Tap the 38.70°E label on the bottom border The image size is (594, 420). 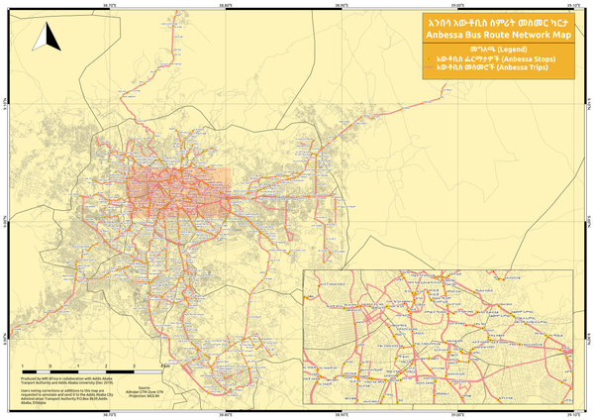pyautogui.click(x=109, y=416)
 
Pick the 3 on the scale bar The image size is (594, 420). pyautogui.click(x=133, y=367)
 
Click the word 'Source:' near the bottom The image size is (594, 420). pyautogui.click(x=145, y=387)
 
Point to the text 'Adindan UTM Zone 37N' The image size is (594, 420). pyautogui.click(x=146, y=392)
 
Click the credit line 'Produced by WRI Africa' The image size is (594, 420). pyautogui.click(x=45, y=378)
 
